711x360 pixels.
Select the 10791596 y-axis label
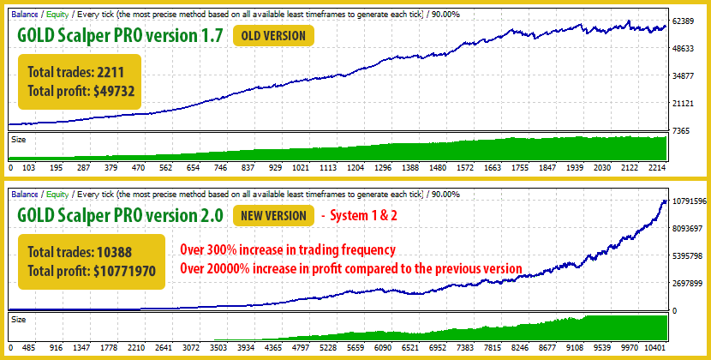689,201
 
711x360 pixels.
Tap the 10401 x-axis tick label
654,349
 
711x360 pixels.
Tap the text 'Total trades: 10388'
77,253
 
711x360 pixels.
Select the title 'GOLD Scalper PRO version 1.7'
120,35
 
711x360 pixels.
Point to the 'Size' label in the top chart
18,137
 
